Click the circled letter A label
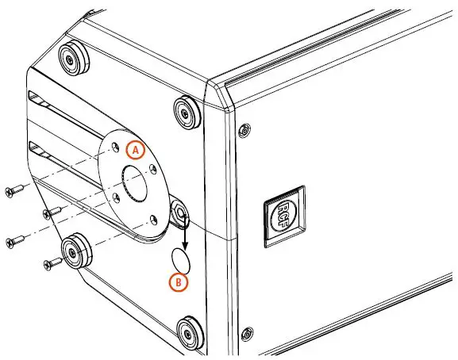click(136, 148)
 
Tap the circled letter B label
click(179, 280)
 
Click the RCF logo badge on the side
click(283, 212)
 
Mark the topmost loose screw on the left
click(15, 190)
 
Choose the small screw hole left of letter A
click(115, 148)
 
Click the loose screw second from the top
click(53, 213)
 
